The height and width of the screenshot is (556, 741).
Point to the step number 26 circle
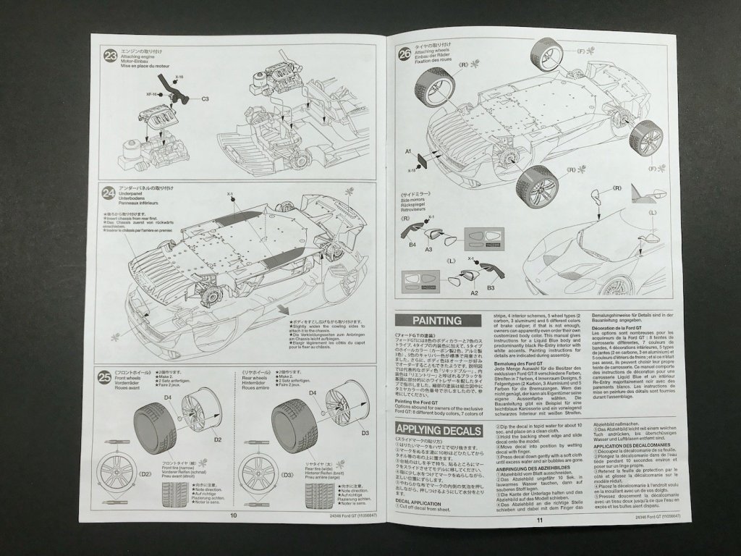405,52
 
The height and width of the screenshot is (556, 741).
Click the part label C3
205,98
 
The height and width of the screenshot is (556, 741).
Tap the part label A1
408,151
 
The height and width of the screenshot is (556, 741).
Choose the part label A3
428,248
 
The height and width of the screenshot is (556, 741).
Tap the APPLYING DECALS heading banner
437,430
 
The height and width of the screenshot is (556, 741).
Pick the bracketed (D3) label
267,475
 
